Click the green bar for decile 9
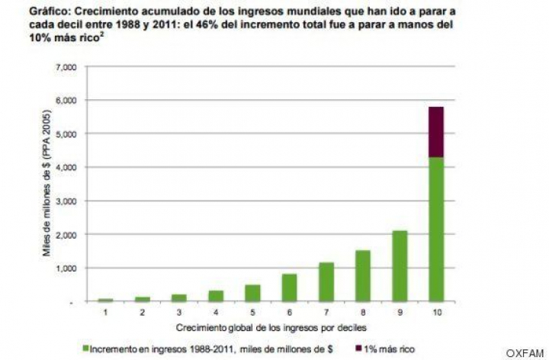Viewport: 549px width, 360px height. coord(400,266)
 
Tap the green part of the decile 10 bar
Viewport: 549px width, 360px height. coord(435,229)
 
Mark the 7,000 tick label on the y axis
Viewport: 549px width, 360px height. coord(66,67)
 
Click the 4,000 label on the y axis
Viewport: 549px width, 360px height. coord(66,167)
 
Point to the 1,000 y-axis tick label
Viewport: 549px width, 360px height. coord(66,268)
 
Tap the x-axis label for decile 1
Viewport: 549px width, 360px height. coord(106,312)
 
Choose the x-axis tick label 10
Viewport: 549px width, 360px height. coord(435,312)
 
